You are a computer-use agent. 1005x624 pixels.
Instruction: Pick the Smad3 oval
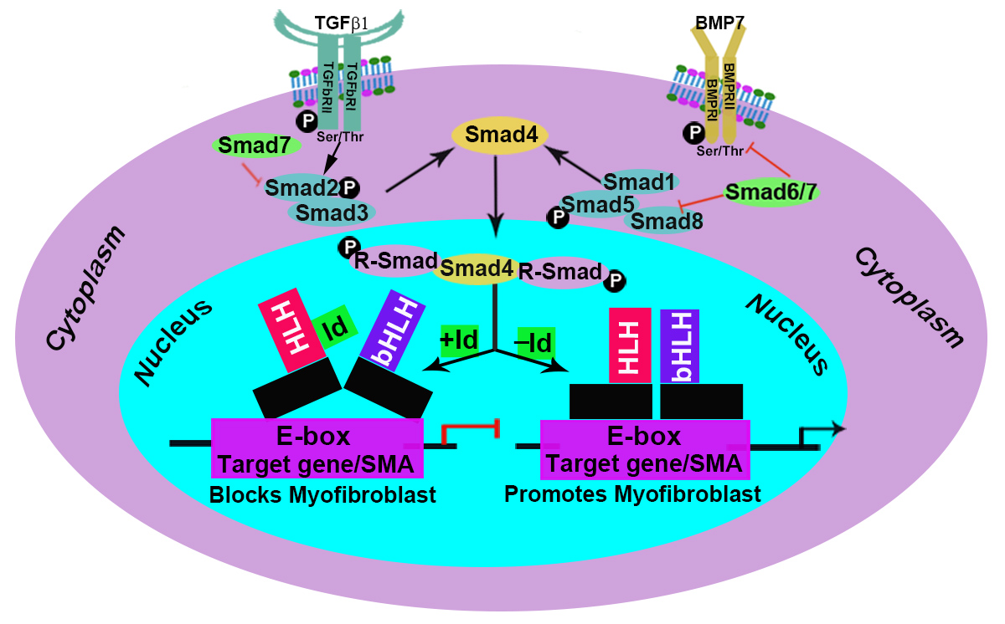pyautogui.click(x=332, y=212)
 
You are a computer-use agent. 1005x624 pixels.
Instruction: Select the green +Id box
pyautogui.click(x=460, y=341)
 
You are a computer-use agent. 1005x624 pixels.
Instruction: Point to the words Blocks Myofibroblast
pyautogui.click(x=322, y=495)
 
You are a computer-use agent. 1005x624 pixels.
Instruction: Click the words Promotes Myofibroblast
pyautogui.click(x=632, y=494)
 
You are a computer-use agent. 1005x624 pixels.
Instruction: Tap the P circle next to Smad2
pyautogui.click(x=349, y=187)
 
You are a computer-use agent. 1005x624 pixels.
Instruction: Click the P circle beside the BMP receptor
pyautogui.click(x=693, y=132)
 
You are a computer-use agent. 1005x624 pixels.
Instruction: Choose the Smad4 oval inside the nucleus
pyautogui.click(x=476, y=269)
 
